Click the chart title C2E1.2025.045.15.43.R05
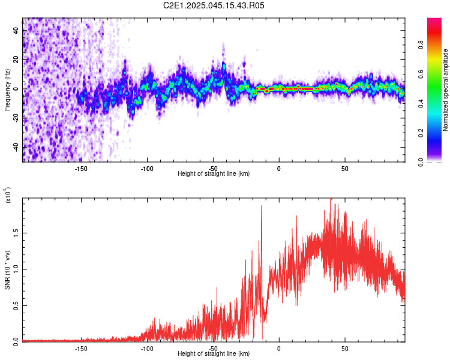(x=214, y=5)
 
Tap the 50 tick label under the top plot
(x=345, y=168)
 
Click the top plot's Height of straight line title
(x=214, y=174)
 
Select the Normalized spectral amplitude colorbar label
(x=445, y=90)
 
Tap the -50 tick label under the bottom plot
(x=213, y=348)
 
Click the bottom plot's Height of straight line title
(x=214, y=354)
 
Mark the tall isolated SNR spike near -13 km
(x=262, y=207)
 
